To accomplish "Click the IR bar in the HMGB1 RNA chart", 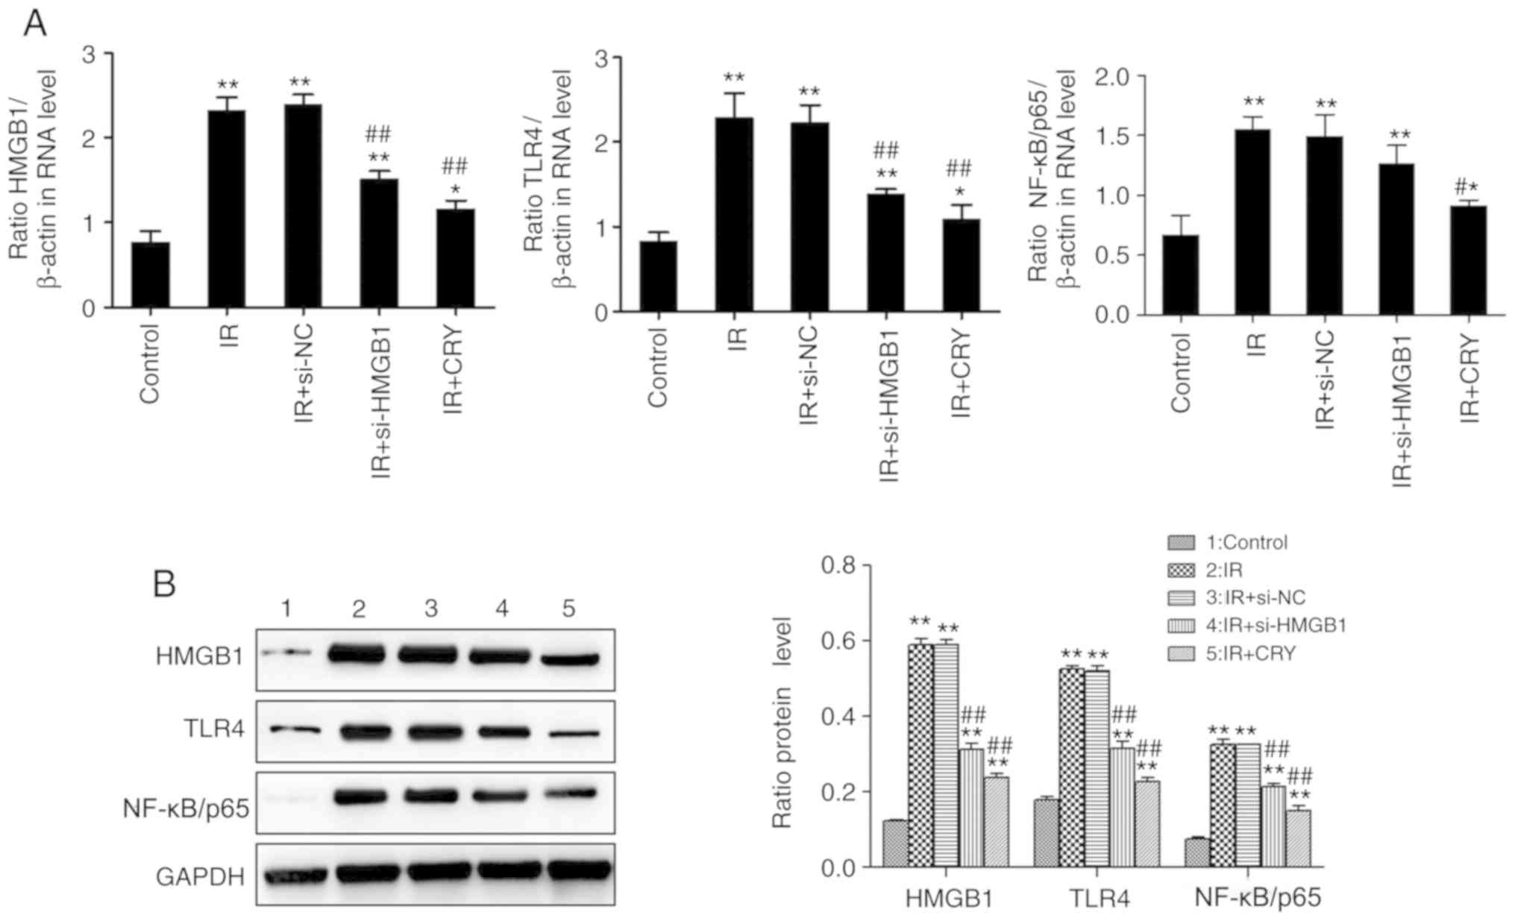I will point(227,209).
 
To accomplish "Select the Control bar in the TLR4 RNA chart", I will point(658,276).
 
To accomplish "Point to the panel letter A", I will point(35,25).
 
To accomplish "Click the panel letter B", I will point(164,584).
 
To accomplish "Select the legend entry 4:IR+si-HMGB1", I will point(1276,625).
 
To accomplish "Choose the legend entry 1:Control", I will point(1246,542).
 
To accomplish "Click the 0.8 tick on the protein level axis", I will point(838,565).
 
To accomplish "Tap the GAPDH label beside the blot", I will point(200,877).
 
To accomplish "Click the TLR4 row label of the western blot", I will point(214,729).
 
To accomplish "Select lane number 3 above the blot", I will point(431,609).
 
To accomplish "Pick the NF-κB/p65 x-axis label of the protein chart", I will point(1258,897).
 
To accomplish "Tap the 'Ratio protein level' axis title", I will point(781,722).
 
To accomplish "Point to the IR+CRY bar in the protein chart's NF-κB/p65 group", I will point(1298,838).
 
